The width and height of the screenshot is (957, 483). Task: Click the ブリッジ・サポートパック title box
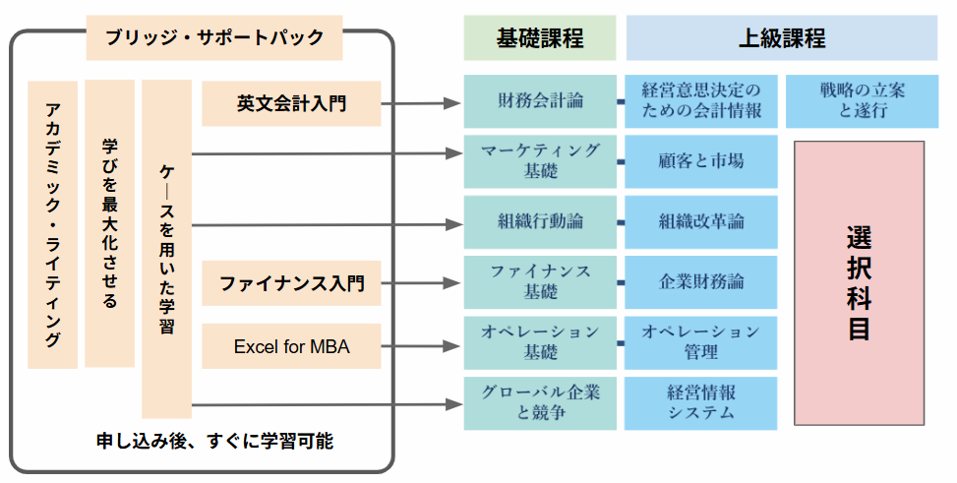pyautogui.click(x=213, y=38)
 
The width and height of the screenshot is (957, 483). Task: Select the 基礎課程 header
pyautogui.click(x=540, y=38)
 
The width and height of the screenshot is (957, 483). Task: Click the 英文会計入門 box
pyautogui.click(x=291, y=103)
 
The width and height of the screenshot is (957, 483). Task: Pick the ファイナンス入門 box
pyautogui.click(x=291, y=284)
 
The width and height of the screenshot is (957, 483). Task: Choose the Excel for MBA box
pyautogui.click(x=291, y=346)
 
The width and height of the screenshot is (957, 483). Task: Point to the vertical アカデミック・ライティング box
pyautogui.click(x=52, y=225)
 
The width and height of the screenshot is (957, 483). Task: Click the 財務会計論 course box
pyautogui.click(x=540, y=100)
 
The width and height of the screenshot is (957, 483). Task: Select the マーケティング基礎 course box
pyautogui.click(x=540, y=161)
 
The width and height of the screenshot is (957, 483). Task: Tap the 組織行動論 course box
pyautogui.click(x=540, y=222)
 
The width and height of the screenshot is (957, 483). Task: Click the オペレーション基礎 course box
pyautogui.click(x=540, y=341)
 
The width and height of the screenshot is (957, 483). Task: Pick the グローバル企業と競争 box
pyautogui.click(x=540, y=402)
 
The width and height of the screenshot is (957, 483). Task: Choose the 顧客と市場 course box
pyautogui.click(x=700, y=161)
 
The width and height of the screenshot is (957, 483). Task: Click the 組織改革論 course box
pyautogui.click(x=700, y=222)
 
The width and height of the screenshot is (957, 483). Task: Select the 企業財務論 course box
pyautogui.click(x=700, y=282)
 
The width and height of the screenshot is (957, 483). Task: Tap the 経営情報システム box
pyautogui.click(x=700, y=402)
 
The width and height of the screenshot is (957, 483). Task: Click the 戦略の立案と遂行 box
pyautogui.click(x=861, y=100)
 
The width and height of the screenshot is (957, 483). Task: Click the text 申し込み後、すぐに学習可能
pyautogui.click(x=214, y=441)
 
